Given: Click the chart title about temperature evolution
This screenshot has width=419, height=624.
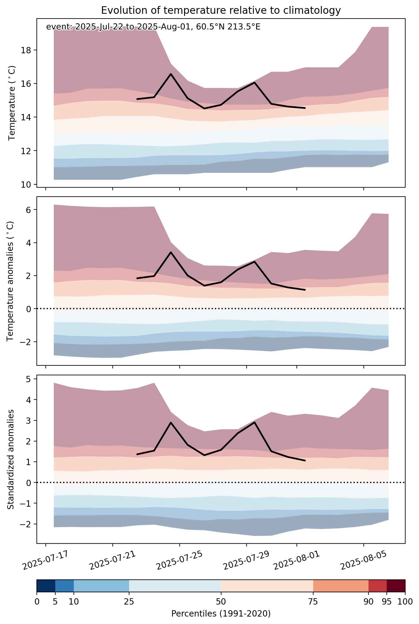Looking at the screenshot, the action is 221,10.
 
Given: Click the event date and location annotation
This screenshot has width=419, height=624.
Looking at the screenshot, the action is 153,27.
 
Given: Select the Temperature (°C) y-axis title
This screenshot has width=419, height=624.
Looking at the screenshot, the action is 12,103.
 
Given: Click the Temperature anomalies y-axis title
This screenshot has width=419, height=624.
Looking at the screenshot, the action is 10,281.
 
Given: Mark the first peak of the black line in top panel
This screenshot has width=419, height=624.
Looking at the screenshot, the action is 171,74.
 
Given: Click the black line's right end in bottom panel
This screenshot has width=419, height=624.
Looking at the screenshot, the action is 305,461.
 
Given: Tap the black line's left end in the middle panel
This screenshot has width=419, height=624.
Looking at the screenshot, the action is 137,278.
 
